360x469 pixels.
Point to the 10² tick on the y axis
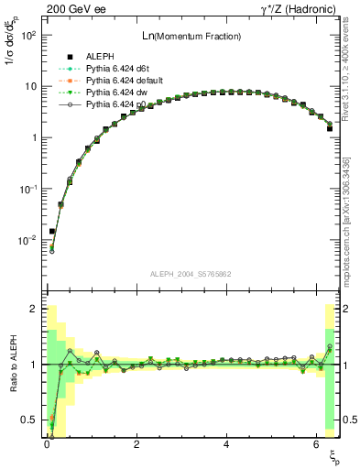coord(27,35)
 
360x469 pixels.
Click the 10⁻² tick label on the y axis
coord(27,240)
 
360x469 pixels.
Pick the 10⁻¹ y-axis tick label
coord(27,189)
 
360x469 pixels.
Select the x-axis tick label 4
coord(226,445)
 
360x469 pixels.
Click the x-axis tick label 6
coord(316,445)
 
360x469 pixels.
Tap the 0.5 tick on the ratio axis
coord(30,420)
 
